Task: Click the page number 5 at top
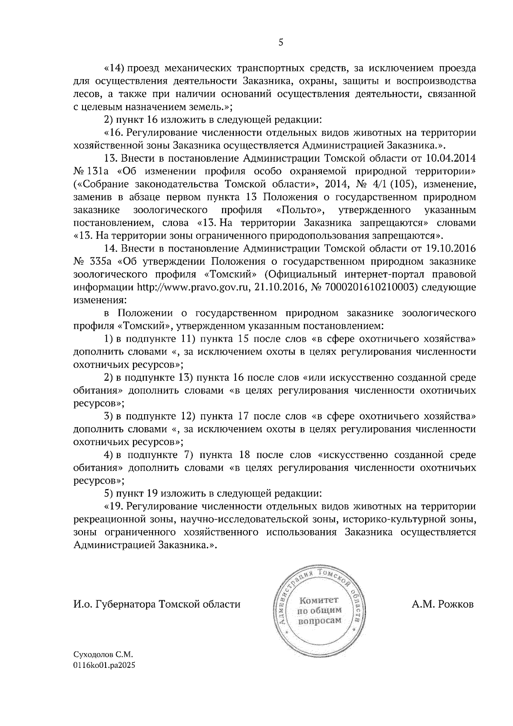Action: pos(281,42)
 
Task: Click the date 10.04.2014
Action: pos(451,158)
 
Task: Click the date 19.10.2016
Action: pos(451,248)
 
